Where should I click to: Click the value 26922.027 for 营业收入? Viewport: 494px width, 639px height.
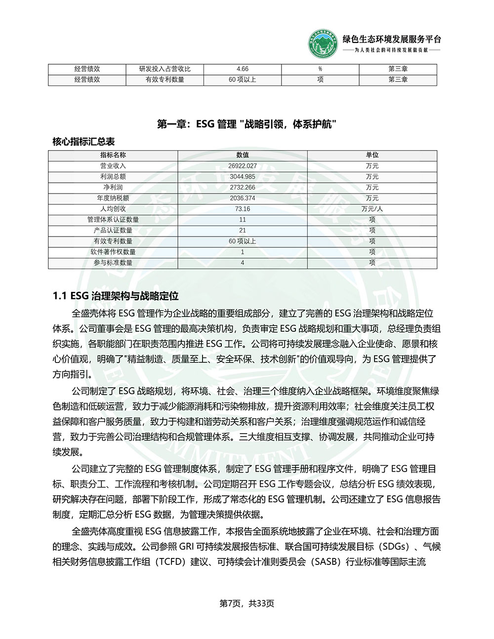(x=243, y=166)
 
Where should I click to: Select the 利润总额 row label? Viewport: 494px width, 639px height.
(x=113, y=177)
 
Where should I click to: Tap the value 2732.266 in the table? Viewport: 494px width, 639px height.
(x=243, y=188)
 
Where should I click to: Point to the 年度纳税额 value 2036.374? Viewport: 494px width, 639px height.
(x=243, y=198)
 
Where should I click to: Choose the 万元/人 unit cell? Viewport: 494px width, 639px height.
(x=372, y=209)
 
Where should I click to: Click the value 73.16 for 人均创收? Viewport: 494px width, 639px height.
(x=243, y=209)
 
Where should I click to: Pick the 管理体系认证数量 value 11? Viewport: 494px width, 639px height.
(x=243, y=220)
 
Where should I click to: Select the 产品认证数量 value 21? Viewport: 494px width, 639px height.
(x=243, y=231)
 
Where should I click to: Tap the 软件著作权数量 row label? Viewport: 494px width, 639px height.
(x=113, y=252)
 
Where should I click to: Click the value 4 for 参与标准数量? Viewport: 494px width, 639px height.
(x=243, y=263)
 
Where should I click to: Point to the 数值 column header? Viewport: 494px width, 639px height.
(x=243, y=155)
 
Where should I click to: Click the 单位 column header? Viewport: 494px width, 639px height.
(x=372, y=155)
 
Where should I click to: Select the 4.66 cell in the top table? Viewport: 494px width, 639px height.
(x=243, y=69)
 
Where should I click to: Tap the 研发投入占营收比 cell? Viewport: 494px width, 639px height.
(x=165, y=69)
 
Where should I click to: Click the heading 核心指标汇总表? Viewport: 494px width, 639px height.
(x=83, y=142)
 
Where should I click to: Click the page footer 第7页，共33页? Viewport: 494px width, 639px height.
(x=247, y=603)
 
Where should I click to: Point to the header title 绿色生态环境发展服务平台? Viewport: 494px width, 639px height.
(x=392, y=40)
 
